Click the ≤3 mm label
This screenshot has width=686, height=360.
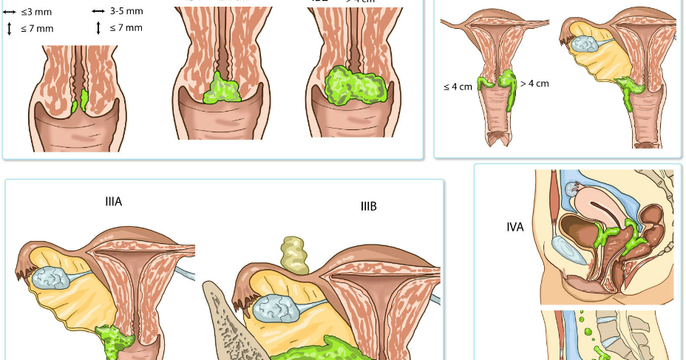(30, 12)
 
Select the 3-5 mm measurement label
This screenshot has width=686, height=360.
(126, 11)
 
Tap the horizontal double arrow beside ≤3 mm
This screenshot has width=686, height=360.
(9, 12)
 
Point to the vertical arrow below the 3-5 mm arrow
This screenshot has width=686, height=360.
(98, 28)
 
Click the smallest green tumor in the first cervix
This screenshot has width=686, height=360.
(84, 98)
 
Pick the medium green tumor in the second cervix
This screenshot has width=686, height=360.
(223, 89)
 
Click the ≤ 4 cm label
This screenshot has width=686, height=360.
(458, 86)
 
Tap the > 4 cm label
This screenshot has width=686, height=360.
(534, 84)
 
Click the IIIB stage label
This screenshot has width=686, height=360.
(368, 206)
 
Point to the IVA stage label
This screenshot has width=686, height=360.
(515, 227)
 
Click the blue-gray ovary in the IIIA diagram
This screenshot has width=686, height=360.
(51, 278)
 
